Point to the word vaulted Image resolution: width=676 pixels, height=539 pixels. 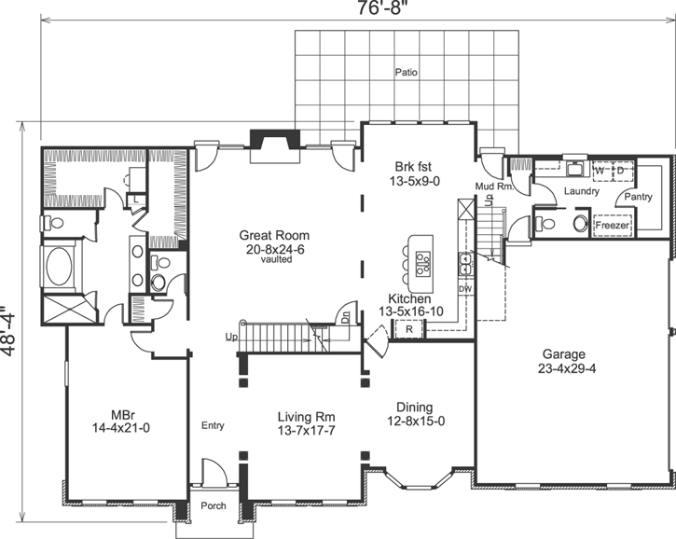[x=277, y=260]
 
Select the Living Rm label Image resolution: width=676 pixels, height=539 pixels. [x=306, y=417]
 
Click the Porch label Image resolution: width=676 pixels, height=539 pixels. [x=214, y=506]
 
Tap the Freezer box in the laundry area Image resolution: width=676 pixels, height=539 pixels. [x=613, y=226]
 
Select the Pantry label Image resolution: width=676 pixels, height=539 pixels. [x=639, y=197]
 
